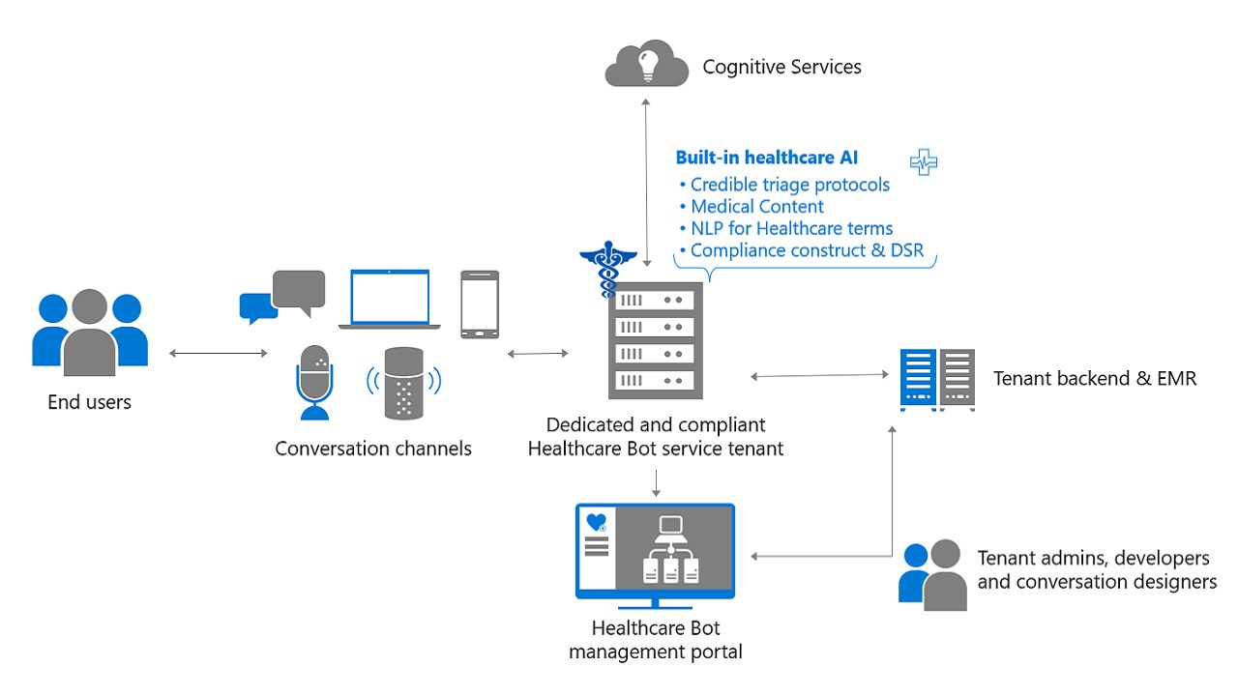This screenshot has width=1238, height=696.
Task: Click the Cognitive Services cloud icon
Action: (646, 65)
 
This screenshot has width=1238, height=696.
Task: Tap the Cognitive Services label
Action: (781, 67)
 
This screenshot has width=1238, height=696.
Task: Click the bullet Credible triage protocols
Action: (789, 185)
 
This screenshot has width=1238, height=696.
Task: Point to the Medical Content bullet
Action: (756, 207)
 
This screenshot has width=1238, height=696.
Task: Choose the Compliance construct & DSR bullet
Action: (807, 251)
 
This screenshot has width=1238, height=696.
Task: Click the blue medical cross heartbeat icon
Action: (924, 161)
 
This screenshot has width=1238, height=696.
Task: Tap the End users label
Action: (89, 402)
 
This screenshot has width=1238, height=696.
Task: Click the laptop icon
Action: (390, 301)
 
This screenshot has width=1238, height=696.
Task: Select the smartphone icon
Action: (479, 304)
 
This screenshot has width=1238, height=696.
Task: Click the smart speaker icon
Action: (404, 383)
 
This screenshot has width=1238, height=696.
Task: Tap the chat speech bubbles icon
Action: (282, 297)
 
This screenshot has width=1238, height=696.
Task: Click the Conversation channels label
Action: (373, 449)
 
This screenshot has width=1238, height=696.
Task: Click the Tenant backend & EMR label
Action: (1095, 379)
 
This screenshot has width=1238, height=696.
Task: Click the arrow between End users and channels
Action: (218, 354)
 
